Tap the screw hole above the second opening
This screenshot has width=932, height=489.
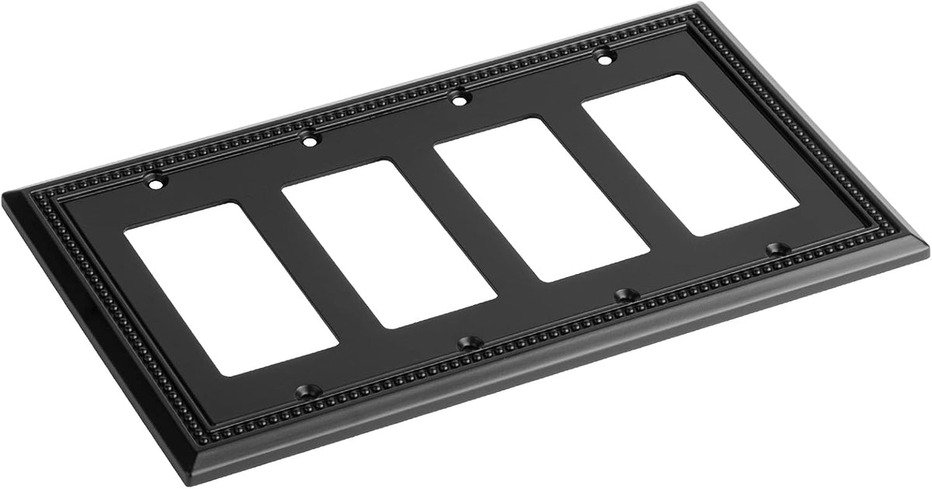[x=310, y=141]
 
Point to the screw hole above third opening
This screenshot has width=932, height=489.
[x=461, y=99]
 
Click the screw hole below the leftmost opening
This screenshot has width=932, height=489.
[x=302, y=390]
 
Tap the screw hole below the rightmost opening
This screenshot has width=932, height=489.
[x=774, y=249]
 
